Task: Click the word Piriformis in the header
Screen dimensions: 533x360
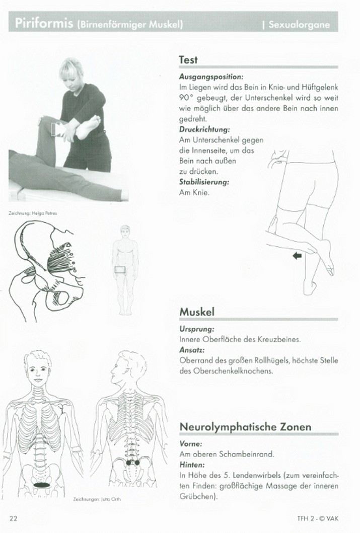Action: (x=44, y=24)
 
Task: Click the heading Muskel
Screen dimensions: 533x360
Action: (x=197, y=312)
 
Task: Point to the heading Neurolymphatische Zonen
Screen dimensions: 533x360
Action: (x=245, y=427)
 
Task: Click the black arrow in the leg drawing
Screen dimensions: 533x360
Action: (x=297, y=257)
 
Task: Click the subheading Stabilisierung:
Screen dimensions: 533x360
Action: (x=204, y=183)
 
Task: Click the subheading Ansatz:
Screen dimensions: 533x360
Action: (x=191, y=350)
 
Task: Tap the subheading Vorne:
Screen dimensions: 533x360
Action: (x=190, y=444)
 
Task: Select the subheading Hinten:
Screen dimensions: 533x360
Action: (x=191, y=465)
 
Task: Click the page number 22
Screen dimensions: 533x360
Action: (x=13, y=519)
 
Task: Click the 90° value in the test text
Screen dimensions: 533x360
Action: (x=187, y=98)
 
